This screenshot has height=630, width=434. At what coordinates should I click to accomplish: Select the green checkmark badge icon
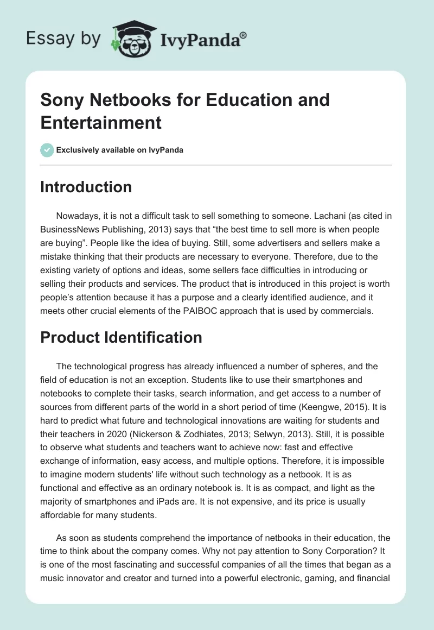click(x=47, y=150)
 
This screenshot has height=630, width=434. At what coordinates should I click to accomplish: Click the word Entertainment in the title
click(x=101, y=122)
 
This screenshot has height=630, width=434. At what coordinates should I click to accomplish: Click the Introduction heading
click(x=86, y=187)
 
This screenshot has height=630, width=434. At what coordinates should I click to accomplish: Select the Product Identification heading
click(x=121, y=337)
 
